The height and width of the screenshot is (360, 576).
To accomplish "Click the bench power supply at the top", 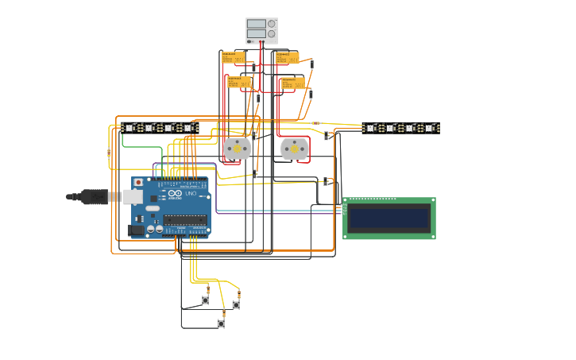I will (x=261, y=30).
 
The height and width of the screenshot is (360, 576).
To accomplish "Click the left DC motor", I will (x=236, y=149).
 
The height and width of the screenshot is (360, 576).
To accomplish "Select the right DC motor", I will (x=294, y=149).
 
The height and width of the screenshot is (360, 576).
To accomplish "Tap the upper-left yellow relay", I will (x=233, y=57).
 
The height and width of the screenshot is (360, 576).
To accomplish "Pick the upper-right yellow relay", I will (x=287, y=57).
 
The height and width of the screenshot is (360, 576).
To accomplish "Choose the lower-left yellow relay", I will (x=238, y=81).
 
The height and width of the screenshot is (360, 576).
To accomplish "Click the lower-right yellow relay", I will (x=292, y=82).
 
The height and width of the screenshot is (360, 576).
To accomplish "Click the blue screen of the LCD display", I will (x=389, y=218).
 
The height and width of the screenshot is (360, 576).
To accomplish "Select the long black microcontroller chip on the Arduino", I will (x=186, y=220).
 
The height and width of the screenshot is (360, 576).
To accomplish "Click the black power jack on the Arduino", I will (x=136, y=230).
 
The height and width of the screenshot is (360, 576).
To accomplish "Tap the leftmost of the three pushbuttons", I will (x=206, y=300).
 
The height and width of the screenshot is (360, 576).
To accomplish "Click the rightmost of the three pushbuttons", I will (x=236, y=305).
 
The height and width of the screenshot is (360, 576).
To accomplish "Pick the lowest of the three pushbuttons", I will (x=221, y=323).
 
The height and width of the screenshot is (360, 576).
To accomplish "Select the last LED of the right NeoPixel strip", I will (x=429, y=127).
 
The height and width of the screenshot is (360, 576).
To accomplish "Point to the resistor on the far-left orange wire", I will (x=109, y=153).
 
